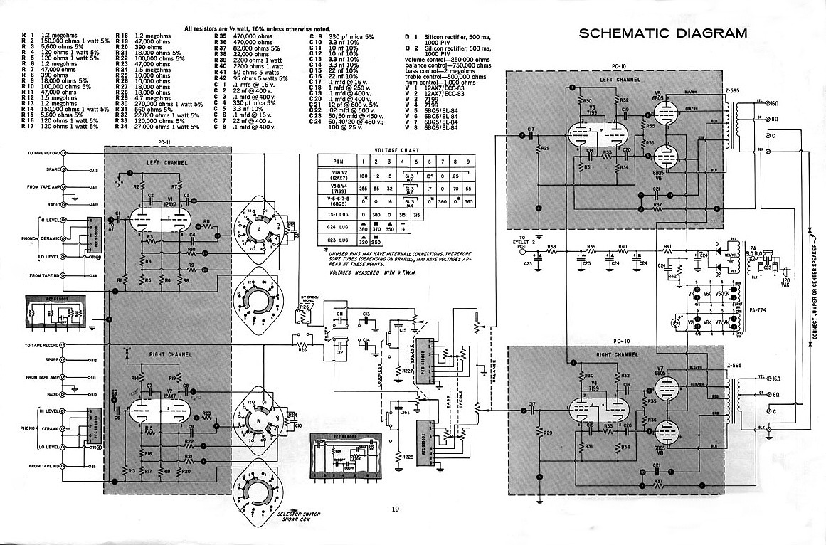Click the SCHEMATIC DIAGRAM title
coord(662,33)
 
